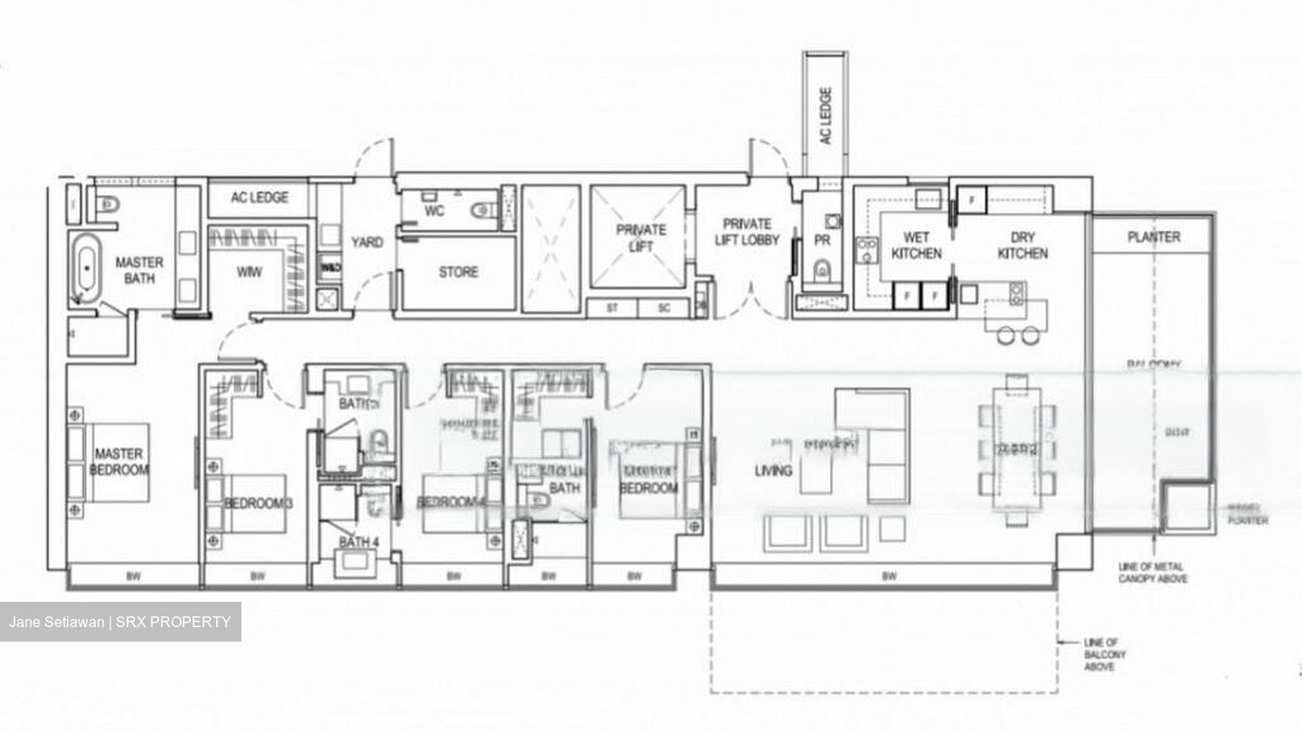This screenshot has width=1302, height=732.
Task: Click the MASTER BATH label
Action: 139,270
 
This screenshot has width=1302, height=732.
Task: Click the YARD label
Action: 366,242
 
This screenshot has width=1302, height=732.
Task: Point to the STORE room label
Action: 458,271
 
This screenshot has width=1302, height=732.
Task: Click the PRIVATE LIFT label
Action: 641,238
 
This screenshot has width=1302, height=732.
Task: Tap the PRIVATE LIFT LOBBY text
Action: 747,232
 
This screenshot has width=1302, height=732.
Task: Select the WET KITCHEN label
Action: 916,246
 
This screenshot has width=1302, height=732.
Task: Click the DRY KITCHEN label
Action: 1023,246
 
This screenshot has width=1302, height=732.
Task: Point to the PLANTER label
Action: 1154,237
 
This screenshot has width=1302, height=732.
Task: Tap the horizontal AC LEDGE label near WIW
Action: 259,198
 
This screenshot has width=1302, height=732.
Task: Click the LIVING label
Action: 773,470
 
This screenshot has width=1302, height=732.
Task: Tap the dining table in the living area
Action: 1017,448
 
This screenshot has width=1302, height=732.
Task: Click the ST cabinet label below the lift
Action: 612,308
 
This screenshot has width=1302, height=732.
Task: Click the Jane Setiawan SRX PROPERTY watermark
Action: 120,622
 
